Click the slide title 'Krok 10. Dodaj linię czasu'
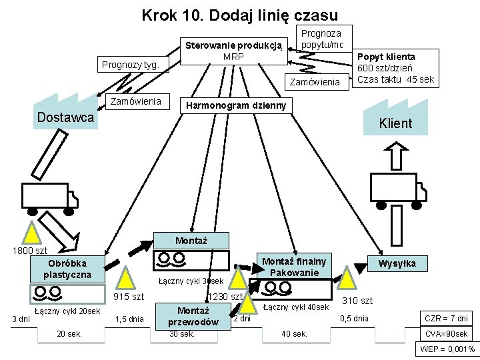240,15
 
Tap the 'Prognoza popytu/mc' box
322,39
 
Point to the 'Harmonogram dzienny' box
236,105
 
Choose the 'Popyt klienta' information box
395,68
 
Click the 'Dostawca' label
65,118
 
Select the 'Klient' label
395,123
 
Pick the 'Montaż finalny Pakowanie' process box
294,267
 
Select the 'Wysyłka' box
397,264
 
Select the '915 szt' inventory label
129,297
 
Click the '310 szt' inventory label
357,301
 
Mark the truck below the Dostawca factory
49,194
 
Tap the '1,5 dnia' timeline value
129,319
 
